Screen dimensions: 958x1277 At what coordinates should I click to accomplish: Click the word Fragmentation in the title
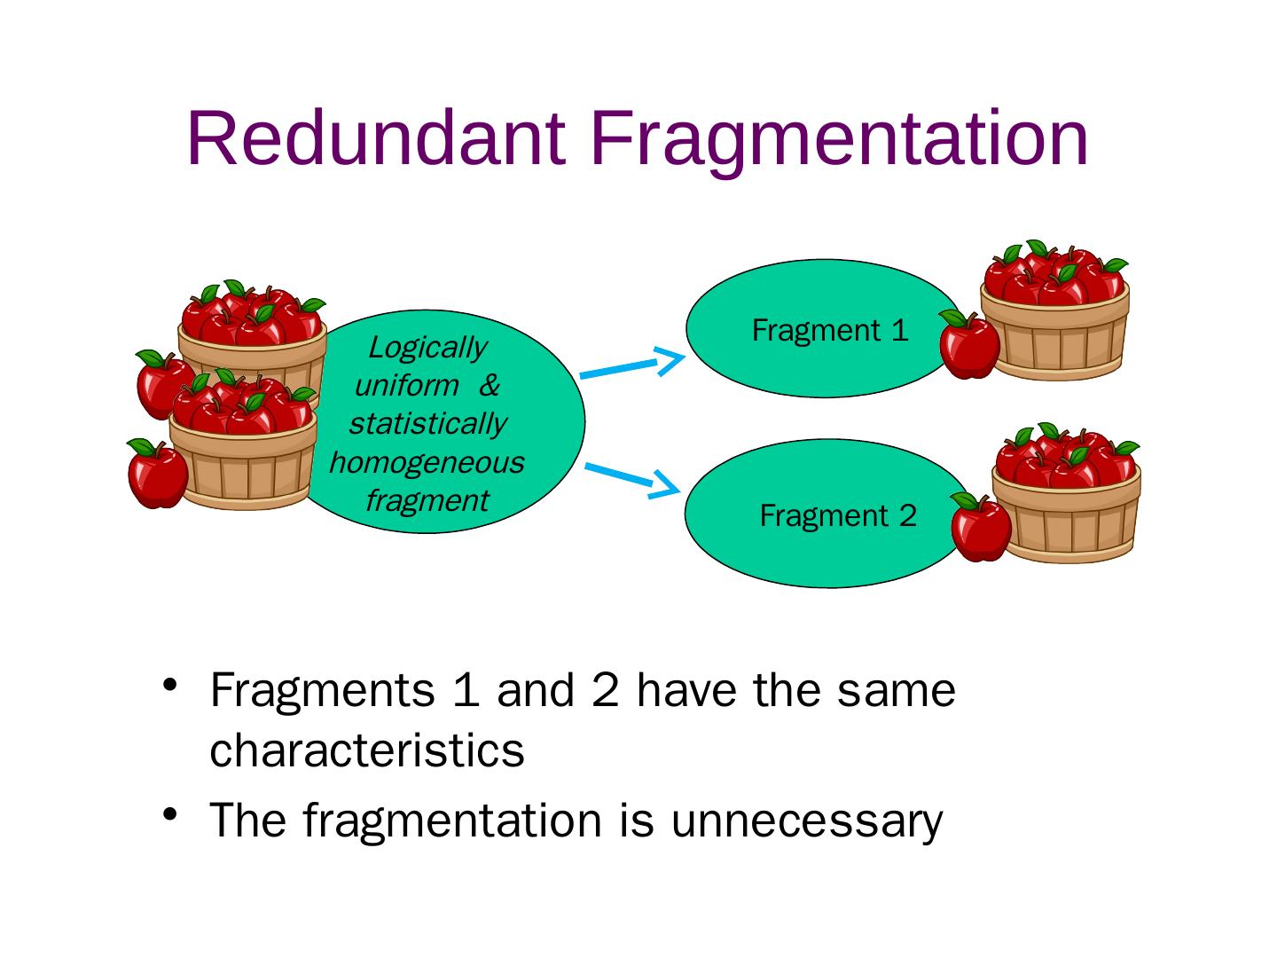click(x=838, y=140)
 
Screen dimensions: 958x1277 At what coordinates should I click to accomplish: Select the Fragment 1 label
click(x=830, y=331)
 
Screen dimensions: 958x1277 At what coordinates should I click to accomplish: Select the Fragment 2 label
click(x=838, y=515)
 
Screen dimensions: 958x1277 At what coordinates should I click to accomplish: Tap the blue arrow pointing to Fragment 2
click(x=631, y=476)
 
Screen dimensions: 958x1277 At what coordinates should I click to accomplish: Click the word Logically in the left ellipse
click(x=427, y=347)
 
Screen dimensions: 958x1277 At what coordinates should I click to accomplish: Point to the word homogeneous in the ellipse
click(x=427, y=462)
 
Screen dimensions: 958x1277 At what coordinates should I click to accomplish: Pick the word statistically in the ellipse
click(x=427, y=423)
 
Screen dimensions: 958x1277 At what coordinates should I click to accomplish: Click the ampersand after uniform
click(x=490, y=386)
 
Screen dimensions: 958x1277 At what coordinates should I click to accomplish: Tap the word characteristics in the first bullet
click(x=367, y=750)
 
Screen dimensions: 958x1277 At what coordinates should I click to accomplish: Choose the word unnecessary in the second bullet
click(x=806, y=820)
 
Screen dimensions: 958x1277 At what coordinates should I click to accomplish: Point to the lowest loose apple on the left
click(x=157, y=474)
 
